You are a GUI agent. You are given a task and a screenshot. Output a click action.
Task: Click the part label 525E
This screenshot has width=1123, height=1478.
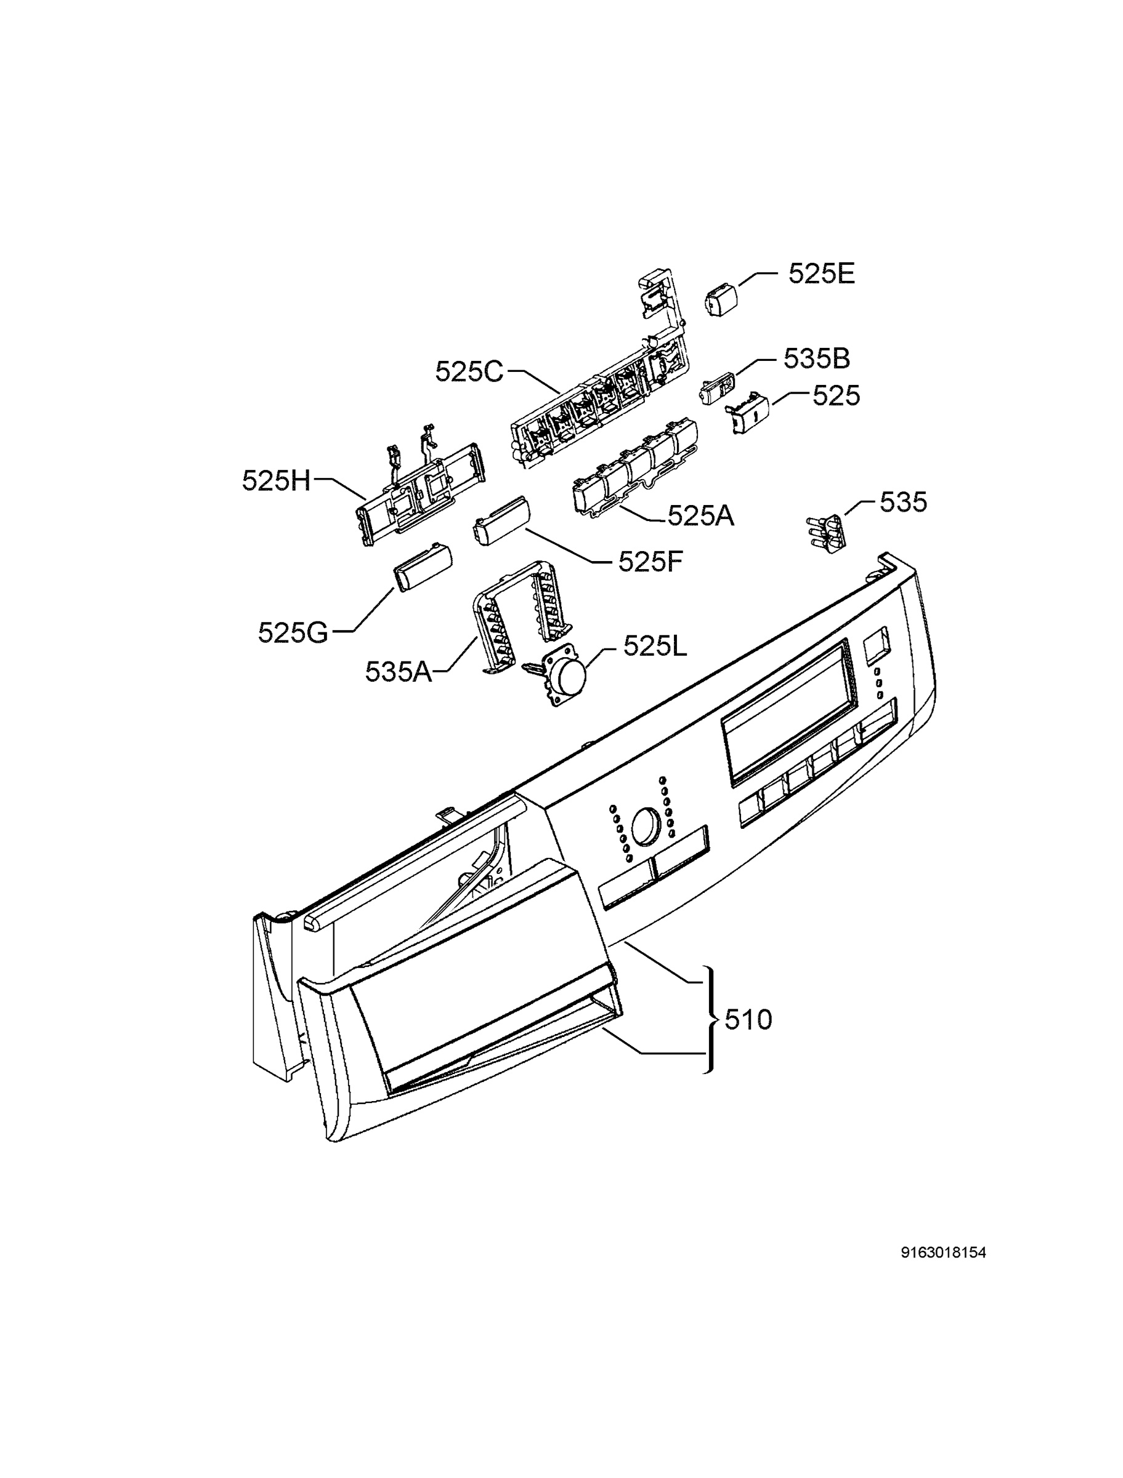coord(822,274)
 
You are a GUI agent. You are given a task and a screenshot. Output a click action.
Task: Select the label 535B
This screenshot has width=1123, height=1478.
coord(817,359)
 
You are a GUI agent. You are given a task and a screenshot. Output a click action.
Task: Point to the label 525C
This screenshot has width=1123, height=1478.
coord(469,371)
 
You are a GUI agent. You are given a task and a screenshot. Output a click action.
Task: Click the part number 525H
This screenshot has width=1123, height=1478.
coord(277,480)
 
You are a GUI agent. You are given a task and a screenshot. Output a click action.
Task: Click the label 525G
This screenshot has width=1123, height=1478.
coord(293,632)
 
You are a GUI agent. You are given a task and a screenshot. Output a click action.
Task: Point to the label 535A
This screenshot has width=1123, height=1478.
coord(399,671)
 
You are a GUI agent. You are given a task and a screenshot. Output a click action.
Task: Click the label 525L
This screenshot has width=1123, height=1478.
coord(655,645)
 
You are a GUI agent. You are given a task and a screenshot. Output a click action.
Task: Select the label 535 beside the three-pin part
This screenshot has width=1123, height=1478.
coord(903,502)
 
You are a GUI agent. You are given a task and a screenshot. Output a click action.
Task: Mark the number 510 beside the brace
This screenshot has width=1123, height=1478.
coord(748,1020)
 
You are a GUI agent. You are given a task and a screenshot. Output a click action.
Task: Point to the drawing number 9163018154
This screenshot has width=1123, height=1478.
coord(944,1253)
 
